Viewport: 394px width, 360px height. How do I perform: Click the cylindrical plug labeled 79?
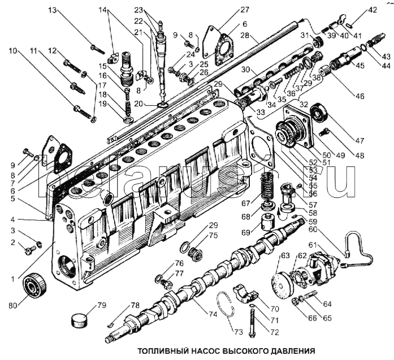[81, 319]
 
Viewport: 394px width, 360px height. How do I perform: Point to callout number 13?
[52, 11]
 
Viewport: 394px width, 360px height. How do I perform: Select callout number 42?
[374, 10]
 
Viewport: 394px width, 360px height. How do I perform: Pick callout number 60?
[328, 229]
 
